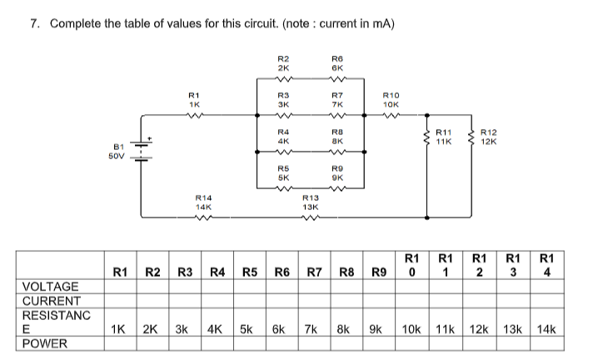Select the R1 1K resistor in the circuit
(x=193, y=117)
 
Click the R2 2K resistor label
(x=283, y=62)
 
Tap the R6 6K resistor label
(x=337, y=62)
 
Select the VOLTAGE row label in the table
(x=51, y=287)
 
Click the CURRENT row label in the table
(x=51, y=301)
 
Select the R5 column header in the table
(x=250, y=272)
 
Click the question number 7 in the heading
(x=34, y=22)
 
